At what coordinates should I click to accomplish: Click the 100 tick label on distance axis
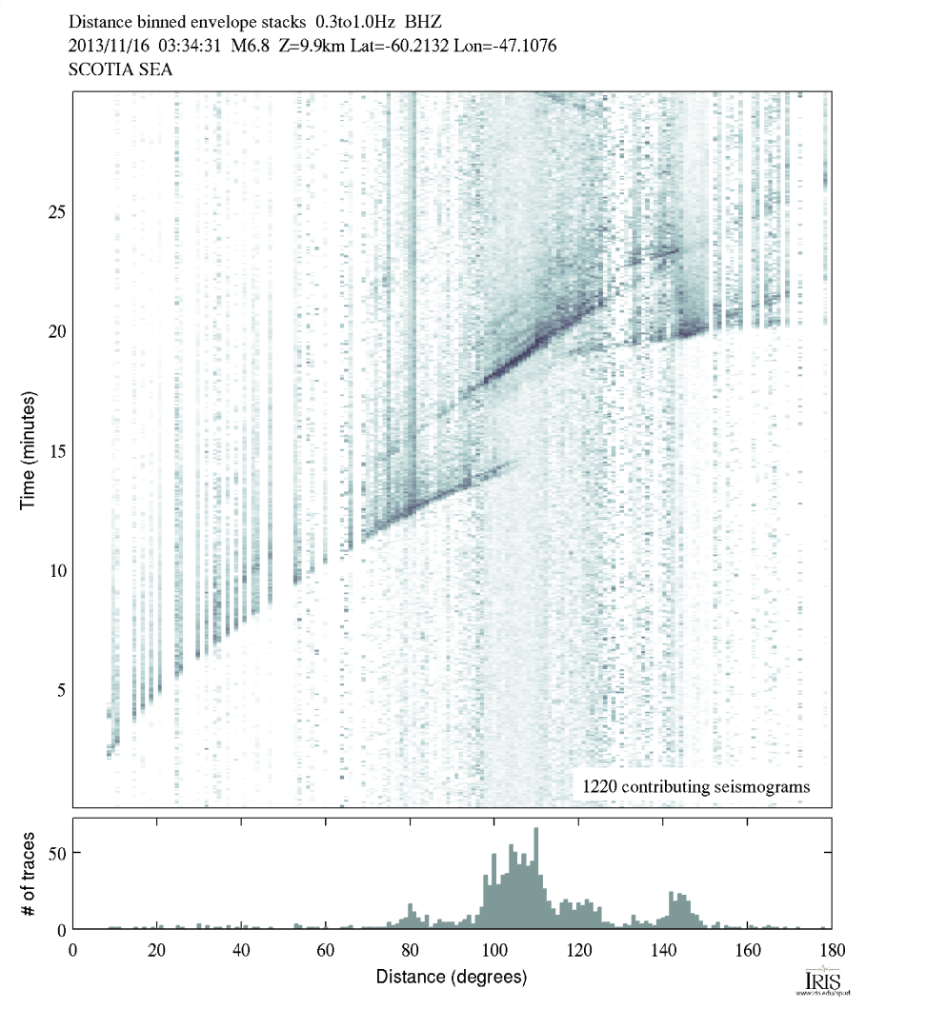coord(493,948)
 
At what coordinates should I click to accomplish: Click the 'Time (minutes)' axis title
coord(28,449)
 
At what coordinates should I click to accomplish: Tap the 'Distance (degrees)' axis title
coord(451,977)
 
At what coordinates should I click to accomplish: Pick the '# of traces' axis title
coord(28,873)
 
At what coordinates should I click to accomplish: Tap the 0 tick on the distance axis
coord(73,948)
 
